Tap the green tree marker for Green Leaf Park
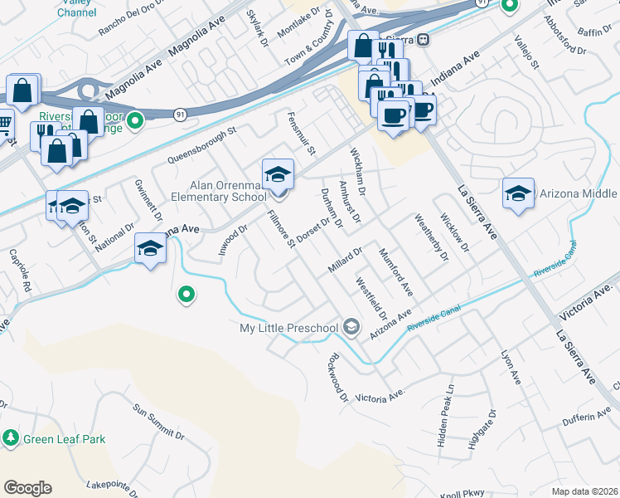11,437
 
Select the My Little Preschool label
288,328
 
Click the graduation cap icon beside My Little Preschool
351,328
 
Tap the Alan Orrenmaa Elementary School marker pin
278,175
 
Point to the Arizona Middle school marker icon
518,194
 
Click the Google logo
27,488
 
